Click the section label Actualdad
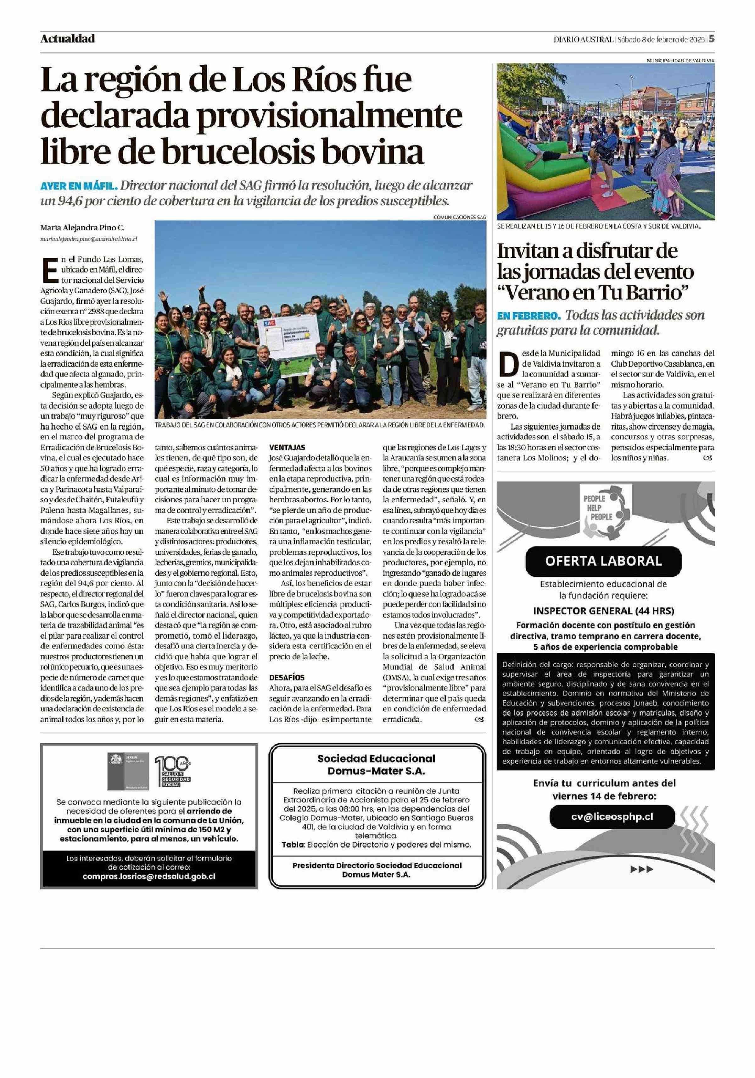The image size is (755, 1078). [68, 38]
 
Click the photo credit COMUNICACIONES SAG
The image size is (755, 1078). [460, 217]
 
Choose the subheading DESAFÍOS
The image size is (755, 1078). [287, 678]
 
